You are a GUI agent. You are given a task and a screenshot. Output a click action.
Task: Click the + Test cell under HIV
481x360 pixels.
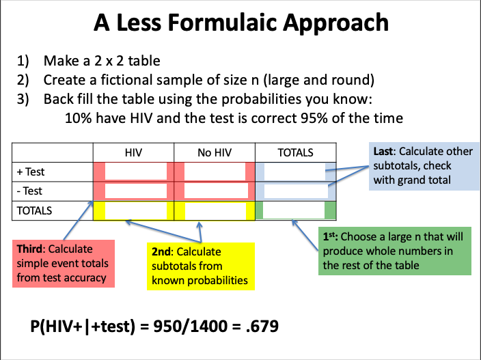pyautogui.click(x=134, y=171)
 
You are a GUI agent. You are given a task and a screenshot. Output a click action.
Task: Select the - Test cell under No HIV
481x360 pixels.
pyautogui.click(x=215, y=191)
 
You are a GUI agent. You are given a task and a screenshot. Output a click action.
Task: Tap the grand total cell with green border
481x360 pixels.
pyautogui.click(x=295, y=210)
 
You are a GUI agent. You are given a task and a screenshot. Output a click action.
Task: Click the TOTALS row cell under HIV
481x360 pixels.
pyautogui.click(x=134, y=210)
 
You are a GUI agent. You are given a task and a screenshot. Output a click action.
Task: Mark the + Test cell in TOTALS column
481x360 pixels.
pyautogui.click(x=295, y=171)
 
